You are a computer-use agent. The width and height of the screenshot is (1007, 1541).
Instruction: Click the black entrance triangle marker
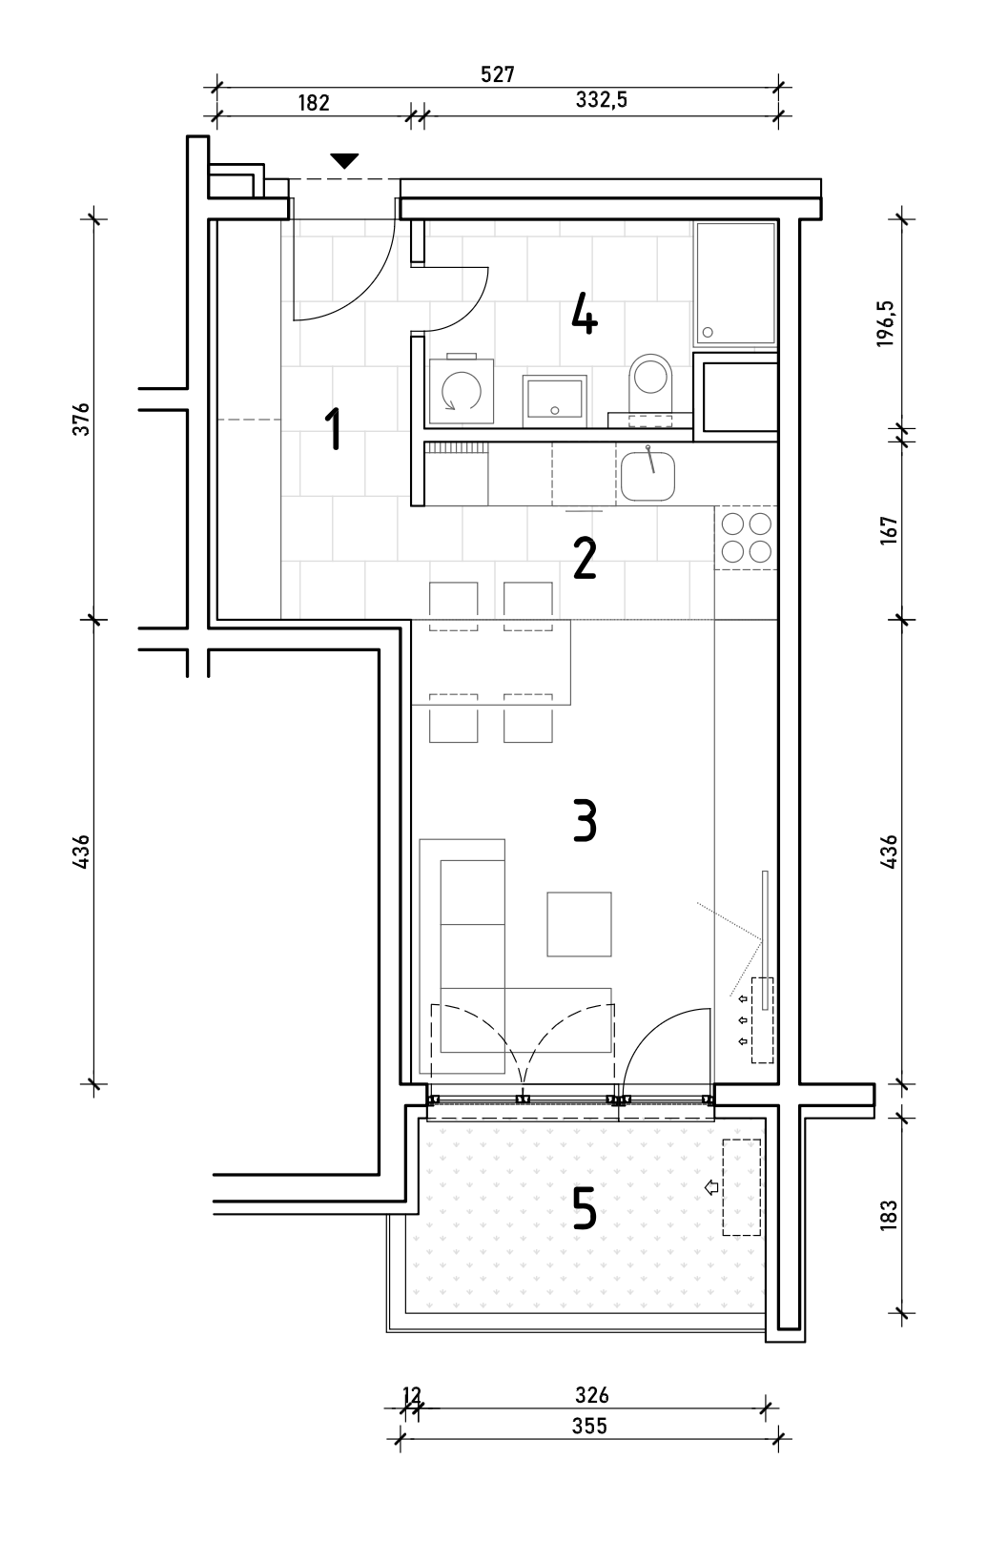pyautogui.click(x=344, y=160)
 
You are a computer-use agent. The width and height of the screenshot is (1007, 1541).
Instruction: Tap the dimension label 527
pyautogui.click(x=498, y=74)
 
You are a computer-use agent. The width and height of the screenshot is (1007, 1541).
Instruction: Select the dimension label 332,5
pyautogui.click(x=601, y=100)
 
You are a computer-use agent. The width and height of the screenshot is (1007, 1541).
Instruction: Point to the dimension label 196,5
pyautogui.click(x=886, y=323)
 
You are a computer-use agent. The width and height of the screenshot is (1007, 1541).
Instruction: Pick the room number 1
pyautogui.click(x=334, y=428)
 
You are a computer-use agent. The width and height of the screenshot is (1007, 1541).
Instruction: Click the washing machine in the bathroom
pyautogui.click(x=461, y=390)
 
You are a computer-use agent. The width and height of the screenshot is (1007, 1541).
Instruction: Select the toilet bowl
pyautogui.click(x=650, y=381)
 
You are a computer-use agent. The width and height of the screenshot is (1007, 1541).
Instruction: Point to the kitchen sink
pyautogui.click(x=647, y=476)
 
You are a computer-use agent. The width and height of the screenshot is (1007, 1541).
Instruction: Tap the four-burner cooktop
pyautogui.click(x=747, y=537)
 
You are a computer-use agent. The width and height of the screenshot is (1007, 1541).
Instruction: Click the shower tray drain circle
pyautogui.click(x=708, y=332)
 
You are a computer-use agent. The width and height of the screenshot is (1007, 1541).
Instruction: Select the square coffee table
pyautogui.click(x=579, y=924)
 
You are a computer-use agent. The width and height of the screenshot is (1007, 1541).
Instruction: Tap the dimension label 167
pyautogui.click(x=889, y=530)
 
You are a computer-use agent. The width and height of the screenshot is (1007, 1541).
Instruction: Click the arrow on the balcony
pyautogui.click(x=712, y=1187)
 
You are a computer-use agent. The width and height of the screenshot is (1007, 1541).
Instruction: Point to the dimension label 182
pyautogui.click(x=314, y=102)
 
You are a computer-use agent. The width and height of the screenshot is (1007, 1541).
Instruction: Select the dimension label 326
pyautogui.click(x=591, y=1395)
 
